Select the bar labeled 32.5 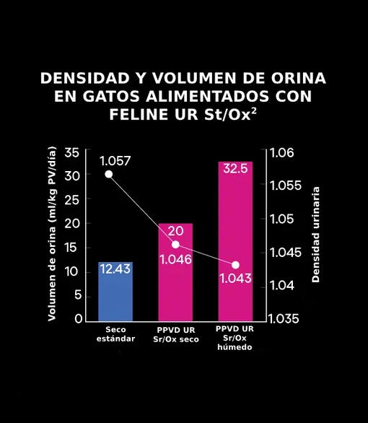coord(235,245)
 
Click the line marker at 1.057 coord(109,174)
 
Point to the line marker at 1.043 coord(235,265)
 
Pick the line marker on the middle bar coord(175,245)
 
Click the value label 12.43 coord(116,269)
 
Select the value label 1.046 coord(175,258)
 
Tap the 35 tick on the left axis coord(72,152)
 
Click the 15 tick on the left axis coord(72,248)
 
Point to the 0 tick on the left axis coord(76,318)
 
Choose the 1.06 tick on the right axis coord(283,153)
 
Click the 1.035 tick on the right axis coord(286,318)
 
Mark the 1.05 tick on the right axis coord(283,219)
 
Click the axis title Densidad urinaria coord(315,235)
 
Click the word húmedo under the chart coord(235,347)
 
